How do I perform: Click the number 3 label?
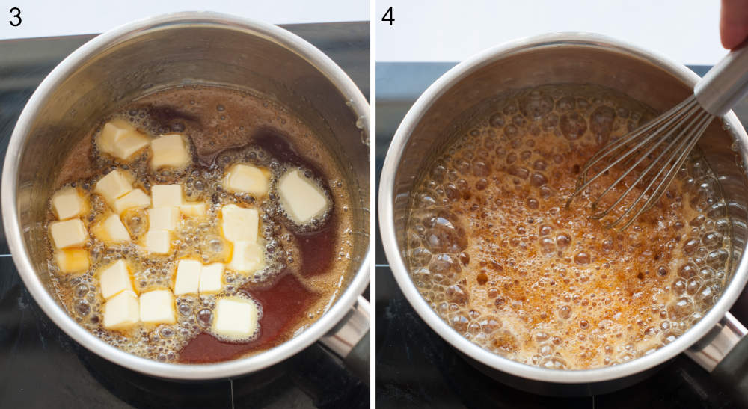[x=15, y=16]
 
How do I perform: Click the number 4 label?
[x=387, y=16]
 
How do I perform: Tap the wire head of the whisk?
[x=643, y=164]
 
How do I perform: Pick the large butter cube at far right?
[x=302, y=196]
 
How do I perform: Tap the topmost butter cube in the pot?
[x=122, y=138]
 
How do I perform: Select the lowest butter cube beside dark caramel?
[x=235, y=318]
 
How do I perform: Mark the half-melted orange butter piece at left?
[x=72, y=260]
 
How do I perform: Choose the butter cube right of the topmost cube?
[x=170, y=151]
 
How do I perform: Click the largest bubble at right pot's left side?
[x=444, y=233]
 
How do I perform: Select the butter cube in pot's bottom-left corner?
[x=120, y=310]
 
